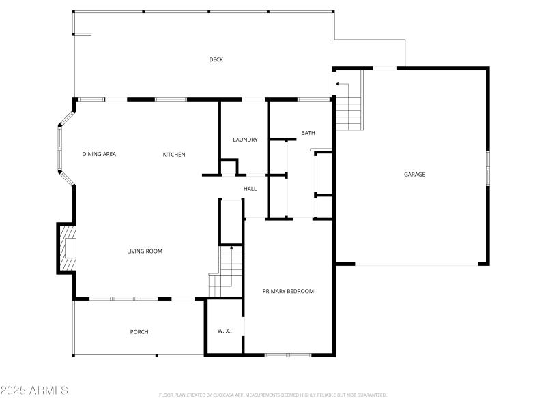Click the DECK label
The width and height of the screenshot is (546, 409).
216,59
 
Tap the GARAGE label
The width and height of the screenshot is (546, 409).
414,175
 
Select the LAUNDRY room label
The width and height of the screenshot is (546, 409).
245,140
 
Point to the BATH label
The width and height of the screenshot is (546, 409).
308,133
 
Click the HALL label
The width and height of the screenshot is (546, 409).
250,189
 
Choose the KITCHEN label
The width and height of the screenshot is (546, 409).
173,155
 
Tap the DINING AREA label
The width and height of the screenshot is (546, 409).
99,154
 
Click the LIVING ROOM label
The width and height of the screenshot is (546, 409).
145,252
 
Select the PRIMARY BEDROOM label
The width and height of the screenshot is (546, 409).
288,292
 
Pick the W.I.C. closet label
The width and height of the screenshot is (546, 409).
225,331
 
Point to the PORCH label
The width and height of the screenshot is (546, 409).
139,332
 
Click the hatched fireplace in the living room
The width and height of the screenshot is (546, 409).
68,249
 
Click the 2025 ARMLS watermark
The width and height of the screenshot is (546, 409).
34,391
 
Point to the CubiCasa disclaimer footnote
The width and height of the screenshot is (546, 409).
273,395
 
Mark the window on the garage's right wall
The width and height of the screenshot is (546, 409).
487,168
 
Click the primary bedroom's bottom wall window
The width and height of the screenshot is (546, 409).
288,354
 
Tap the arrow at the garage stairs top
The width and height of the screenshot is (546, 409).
337,85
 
